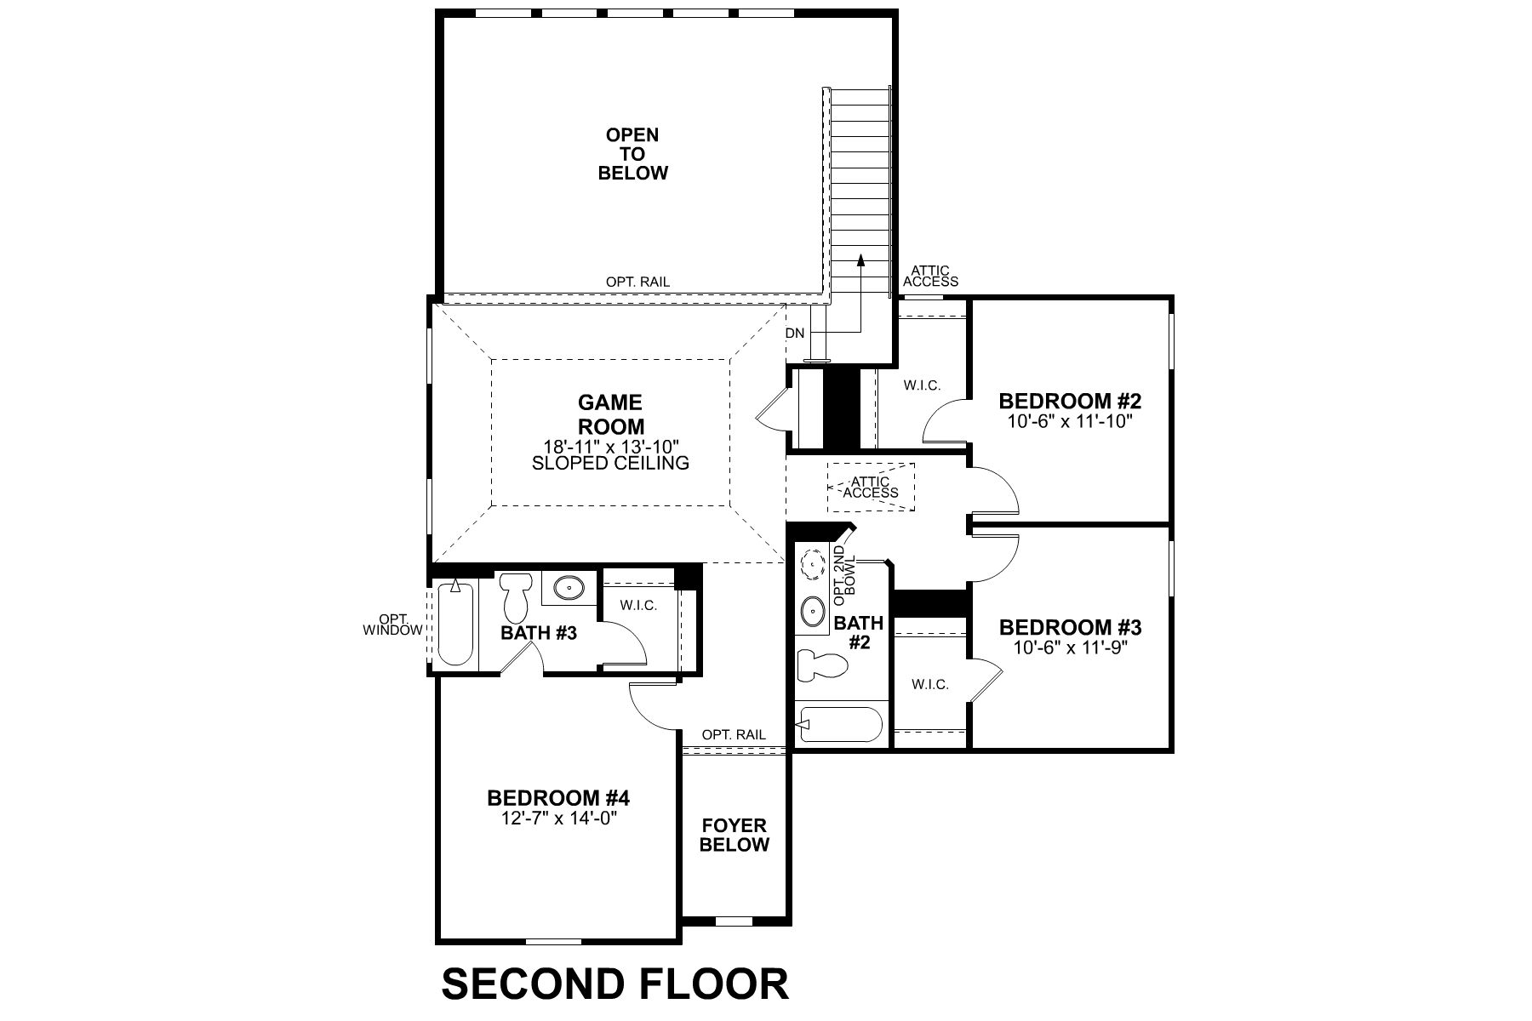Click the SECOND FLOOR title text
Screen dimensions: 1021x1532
pyautogui.click(x=615, y=984)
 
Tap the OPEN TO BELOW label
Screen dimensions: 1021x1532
pyautogui.click(x=632, y=154)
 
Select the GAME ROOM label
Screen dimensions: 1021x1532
pyautogui.click(x=610, y=414)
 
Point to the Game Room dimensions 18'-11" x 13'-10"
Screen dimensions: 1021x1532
pyautogui.click(x=610, y=446)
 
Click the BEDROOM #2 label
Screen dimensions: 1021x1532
pyautogui.click(x=1069, y=401)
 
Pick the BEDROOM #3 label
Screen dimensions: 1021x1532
pyautogui.click(x=1069, y=628)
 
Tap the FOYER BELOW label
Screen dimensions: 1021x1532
pyautogui.click(x=735, y=835)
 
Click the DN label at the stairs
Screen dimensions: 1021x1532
pyautogui.click(x=795, y=334)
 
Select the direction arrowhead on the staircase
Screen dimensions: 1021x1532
pyautogui.click(x=860, y=260)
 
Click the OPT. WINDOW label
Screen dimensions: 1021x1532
pyautogui.click(x=392, y=625)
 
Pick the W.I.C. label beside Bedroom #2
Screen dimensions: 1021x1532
pyautogui.click(x=922, y=385)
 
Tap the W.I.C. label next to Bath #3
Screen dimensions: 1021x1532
pyautogui.click(x=638, y=606)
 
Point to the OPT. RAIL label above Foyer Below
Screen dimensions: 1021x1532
pyautogui.click(x=734, y=734)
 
